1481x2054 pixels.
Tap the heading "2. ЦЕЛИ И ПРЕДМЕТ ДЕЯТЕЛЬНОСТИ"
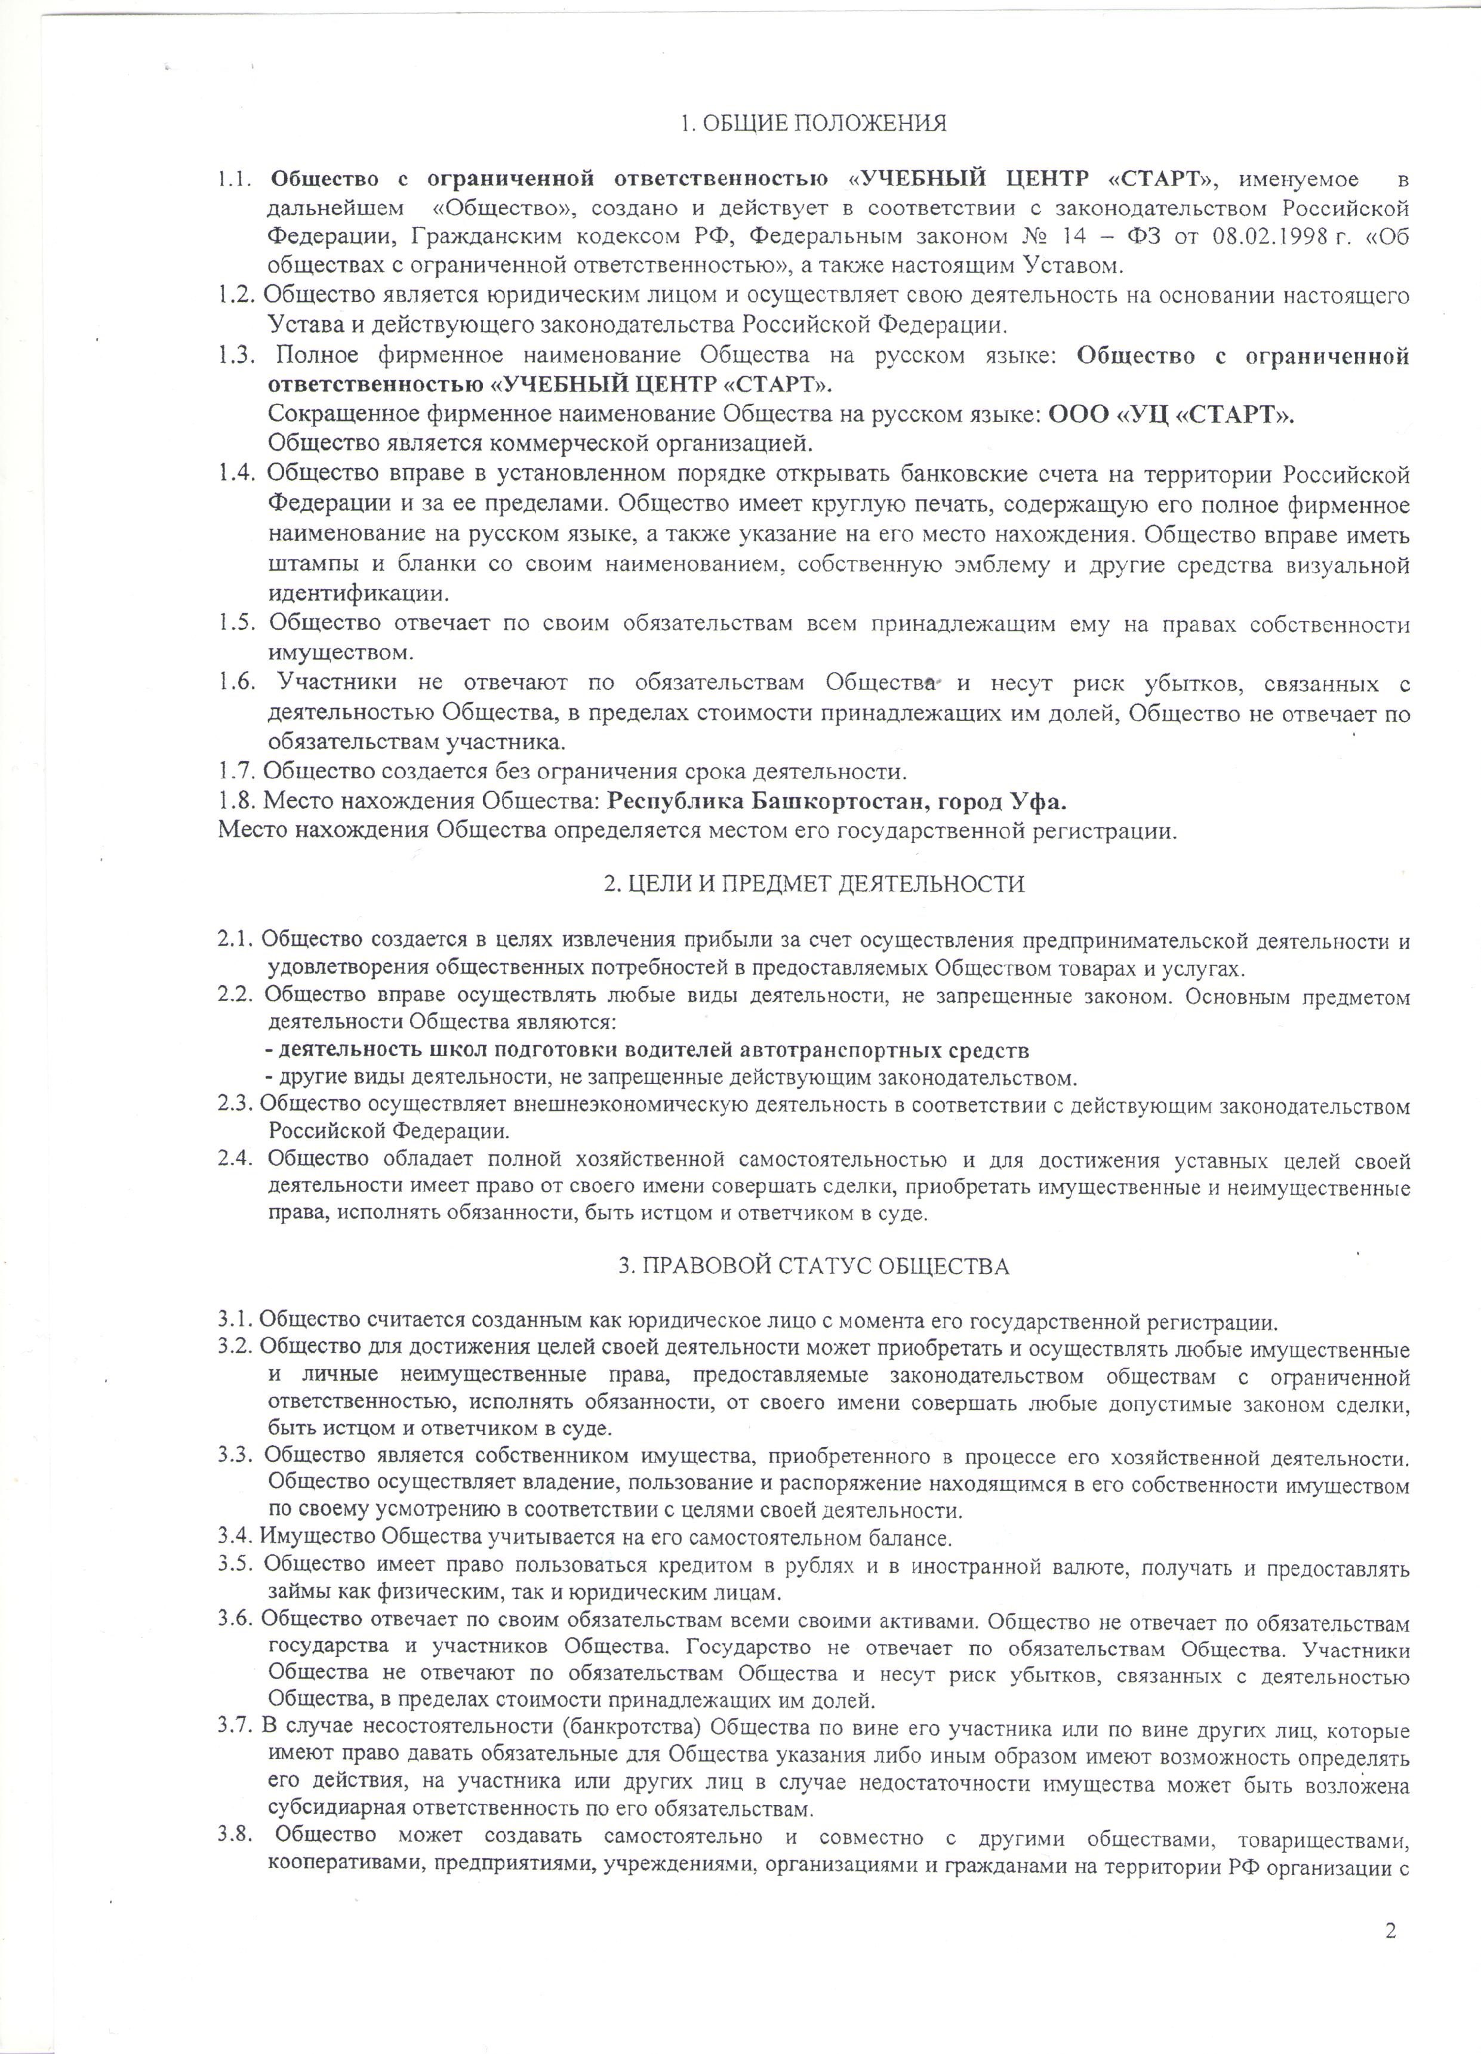click(x=814, y=884)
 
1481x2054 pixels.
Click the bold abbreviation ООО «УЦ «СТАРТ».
click(x=1171, y=415)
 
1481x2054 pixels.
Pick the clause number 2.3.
click(x=236, y=1105)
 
